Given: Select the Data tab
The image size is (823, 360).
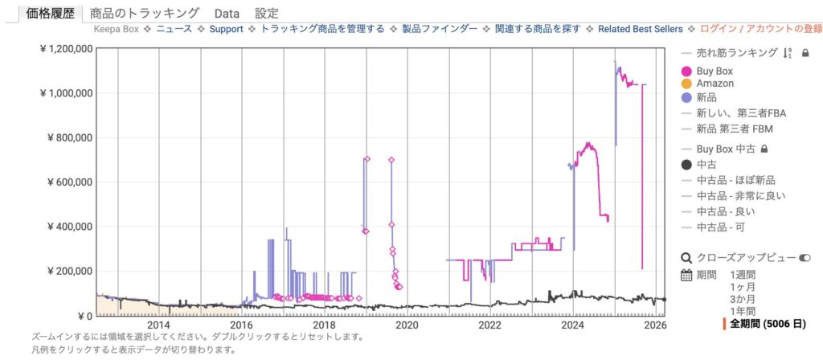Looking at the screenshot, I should [x=227, y=13].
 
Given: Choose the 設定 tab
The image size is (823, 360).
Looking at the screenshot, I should [x=267, y=13].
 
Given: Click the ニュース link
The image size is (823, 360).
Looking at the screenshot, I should [x=174, y=29].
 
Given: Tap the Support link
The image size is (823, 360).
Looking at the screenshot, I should [x=226, y=29].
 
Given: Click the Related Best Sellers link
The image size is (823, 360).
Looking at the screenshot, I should [x=641, y=29].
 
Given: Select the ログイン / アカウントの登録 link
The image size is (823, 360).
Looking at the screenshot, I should [x=761, y=29].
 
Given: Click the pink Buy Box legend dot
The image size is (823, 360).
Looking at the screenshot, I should [x=686, y=72].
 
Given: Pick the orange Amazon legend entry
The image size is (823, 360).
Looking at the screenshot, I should [x=686, y=84].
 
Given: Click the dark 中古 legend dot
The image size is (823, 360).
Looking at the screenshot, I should [x=686, y=165].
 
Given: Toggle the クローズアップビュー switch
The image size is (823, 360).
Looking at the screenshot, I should [x=805, y=258].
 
